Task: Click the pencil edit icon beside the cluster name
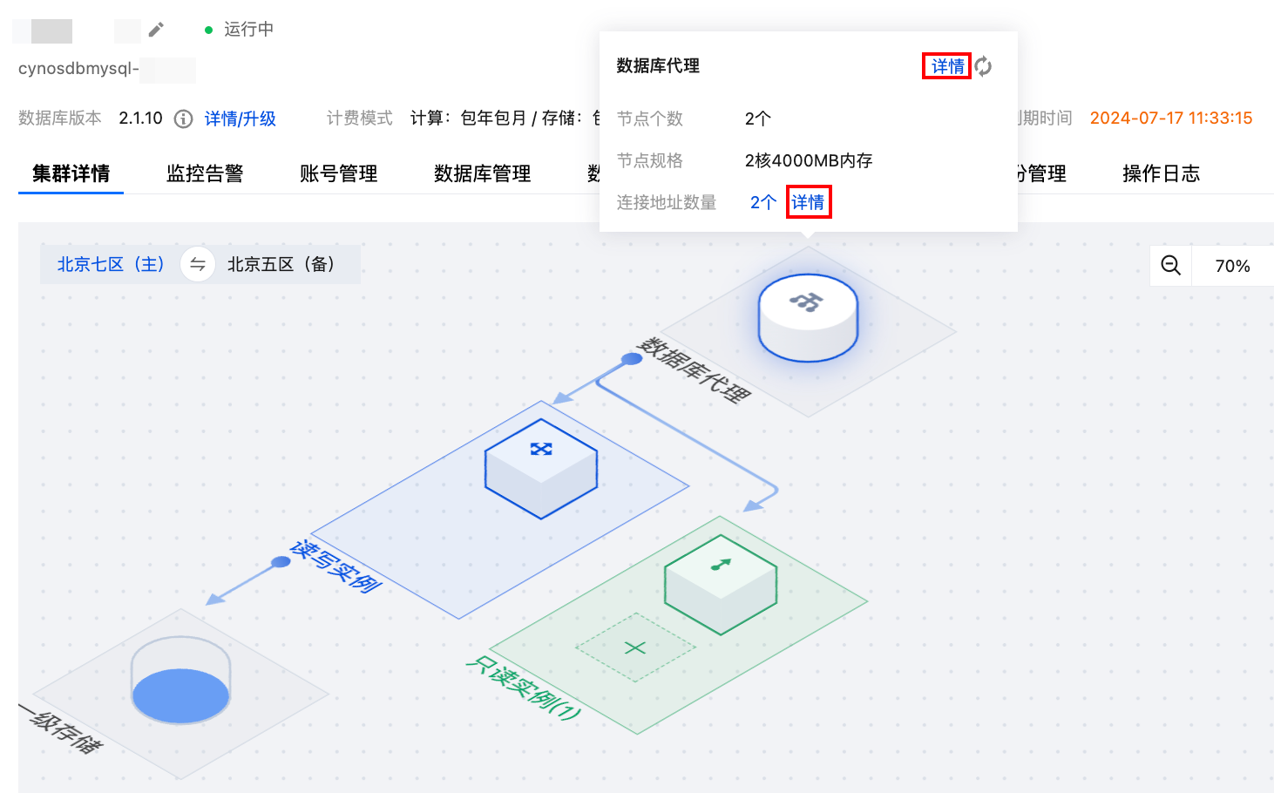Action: click(156, 30)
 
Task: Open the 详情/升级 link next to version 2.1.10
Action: click(240, 119)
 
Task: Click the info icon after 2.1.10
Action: click(183, 119)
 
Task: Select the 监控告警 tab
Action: click(205, 173)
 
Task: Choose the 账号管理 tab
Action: click(338, 173)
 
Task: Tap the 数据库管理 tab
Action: click(482, 173)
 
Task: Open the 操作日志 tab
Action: click(1161, 173)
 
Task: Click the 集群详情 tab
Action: click(71, 173)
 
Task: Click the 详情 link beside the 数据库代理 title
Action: click(946, 66)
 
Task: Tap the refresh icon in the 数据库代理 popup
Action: click(983, 66)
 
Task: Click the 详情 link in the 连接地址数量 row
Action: click(808, 202)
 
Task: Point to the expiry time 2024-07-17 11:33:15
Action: click(1170, 119)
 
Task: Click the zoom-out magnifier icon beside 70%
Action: click(1170, 266)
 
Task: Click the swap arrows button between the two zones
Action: click(198, 264)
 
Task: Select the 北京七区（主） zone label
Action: click(111, 264)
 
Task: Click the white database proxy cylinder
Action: click(808, 317)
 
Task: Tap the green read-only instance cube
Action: click(720, 584)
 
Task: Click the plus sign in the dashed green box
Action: click(635, 647)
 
